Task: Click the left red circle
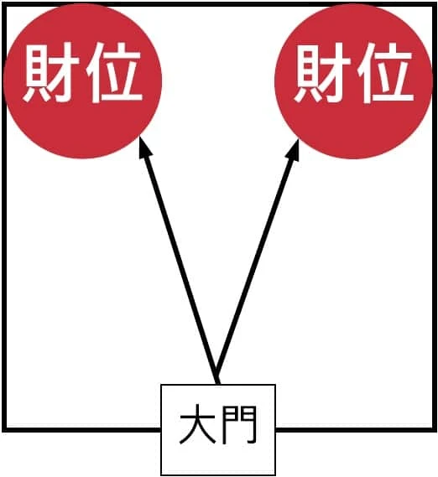(x=82, y=80)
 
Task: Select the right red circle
(x=354, y=80)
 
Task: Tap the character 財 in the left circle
(x=51, y=72)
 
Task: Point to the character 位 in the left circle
(x=115, y=72)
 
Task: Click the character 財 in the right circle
(x=322, y=72)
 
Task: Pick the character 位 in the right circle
(x=386, y=72)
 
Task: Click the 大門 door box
(x=218, y=429)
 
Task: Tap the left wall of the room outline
(x=4, y=216)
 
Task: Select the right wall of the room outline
(x=435, y=216)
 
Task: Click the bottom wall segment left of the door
(x=81, y=429)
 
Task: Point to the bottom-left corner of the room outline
(x=4, y=429)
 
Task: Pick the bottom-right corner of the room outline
(x=435, y=429)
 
